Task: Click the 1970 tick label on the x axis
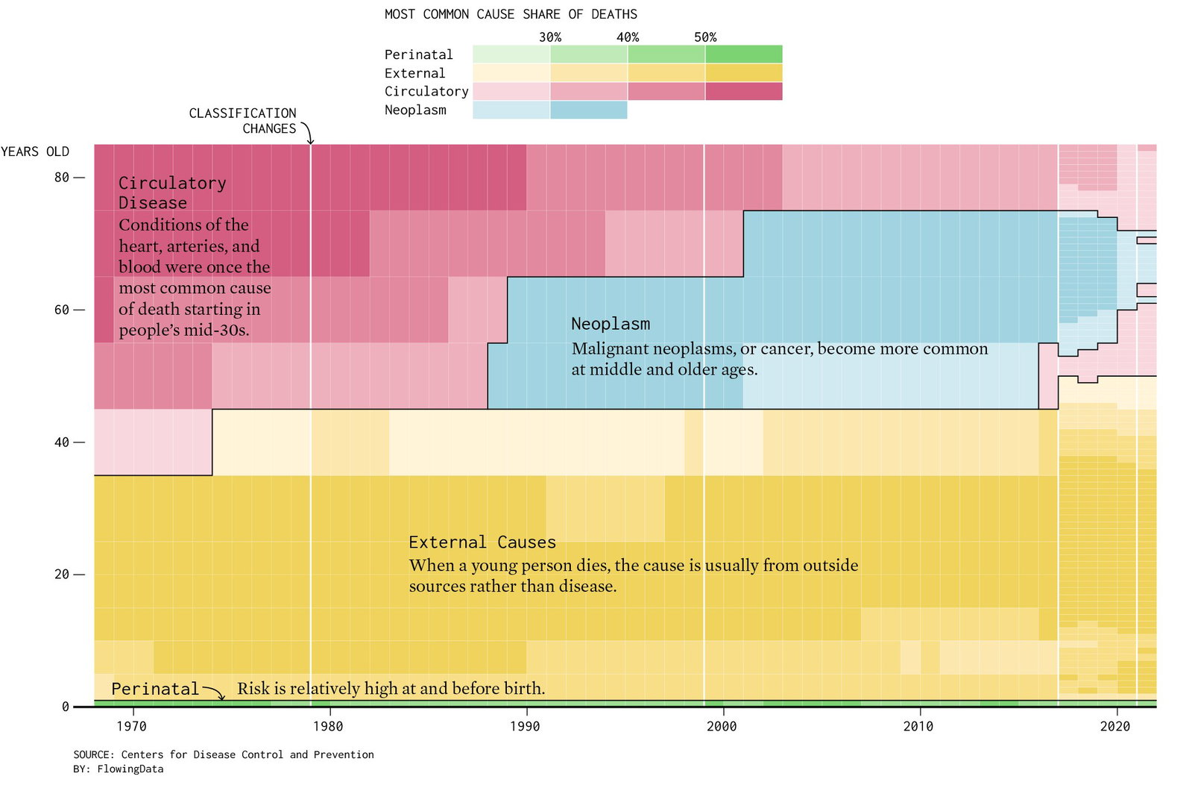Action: [131, 726]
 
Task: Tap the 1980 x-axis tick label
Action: [328, 726]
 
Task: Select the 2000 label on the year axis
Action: [722, 726]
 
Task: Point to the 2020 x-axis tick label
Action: [1115, 726]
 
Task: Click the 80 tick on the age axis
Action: [62, 178]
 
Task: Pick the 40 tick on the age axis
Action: [62, 442]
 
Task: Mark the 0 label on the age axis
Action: [66, 707]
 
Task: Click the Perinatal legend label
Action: [419, 55]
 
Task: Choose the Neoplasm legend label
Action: [416, 110]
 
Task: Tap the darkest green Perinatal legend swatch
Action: [744, 54]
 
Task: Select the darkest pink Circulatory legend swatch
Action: [744, 91]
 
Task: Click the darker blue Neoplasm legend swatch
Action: [589, 110]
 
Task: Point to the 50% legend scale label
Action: [706, 37]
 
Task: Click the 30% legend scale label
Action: [550, 37]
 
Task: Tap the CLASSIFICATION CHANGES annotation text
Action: [243, 121]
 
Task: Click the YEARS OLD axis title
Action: [35, 151]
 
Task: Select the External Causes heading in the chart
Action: [482, 542]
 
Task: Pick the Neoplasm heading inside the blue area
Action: [611, 324]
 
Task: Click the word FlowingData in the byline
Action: [130, 769]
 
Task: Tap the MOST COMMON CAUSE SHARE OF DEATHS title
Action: [511, 14]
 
